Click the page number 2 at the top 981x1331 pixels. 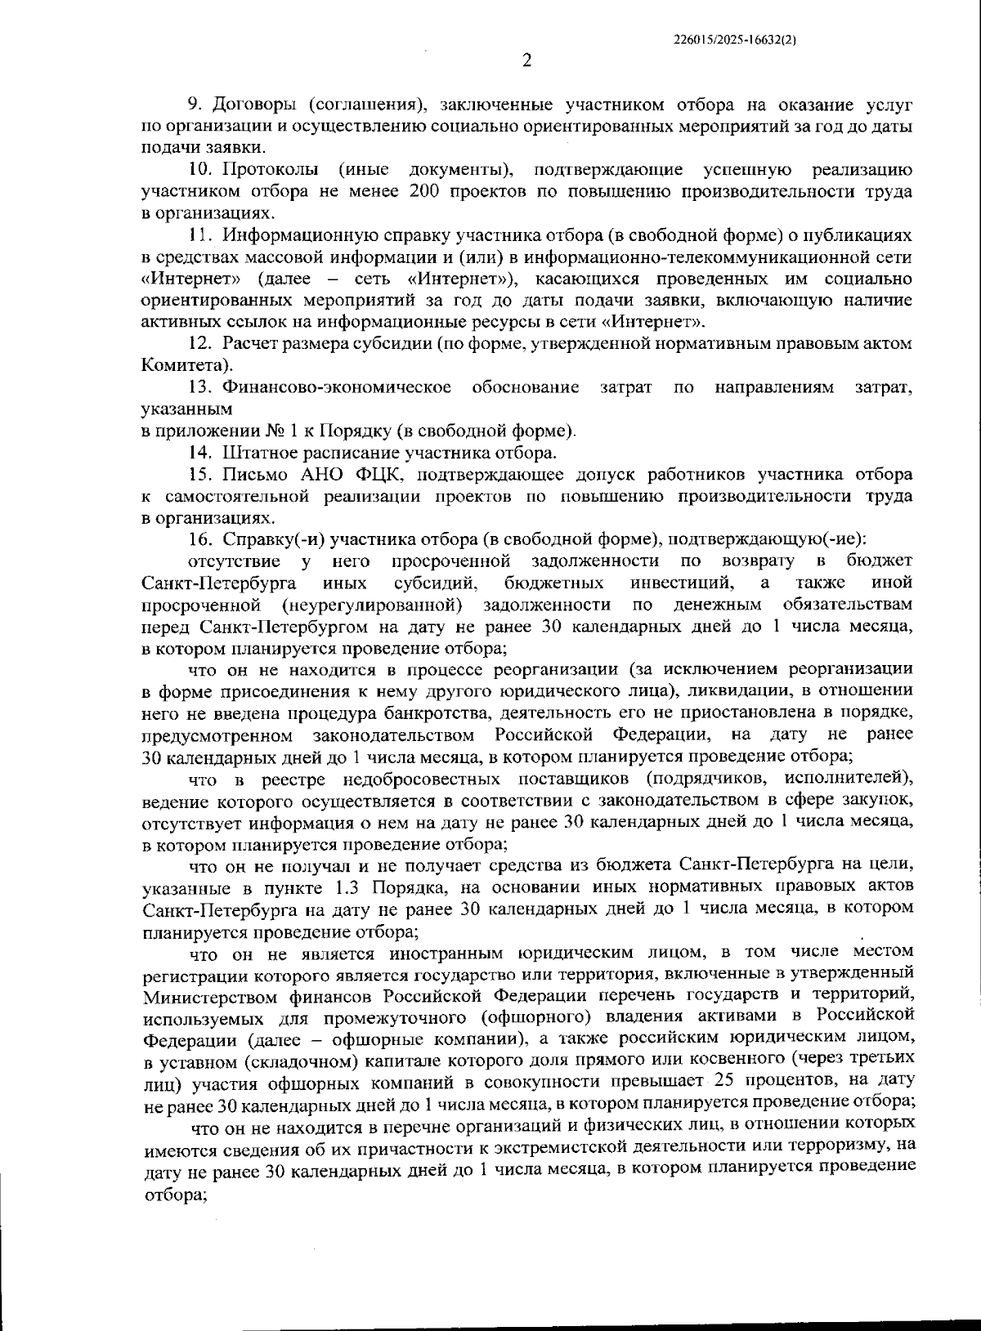pyautogui.click(x=526, y=61)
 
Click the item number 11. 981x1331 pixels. pyautogui.click(x=200, y=235)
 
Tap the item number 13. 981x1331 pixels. pyautogui.click(x=200, y=387)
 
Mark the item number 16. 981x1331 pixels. pyautogui.click(x=200, y=539)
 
